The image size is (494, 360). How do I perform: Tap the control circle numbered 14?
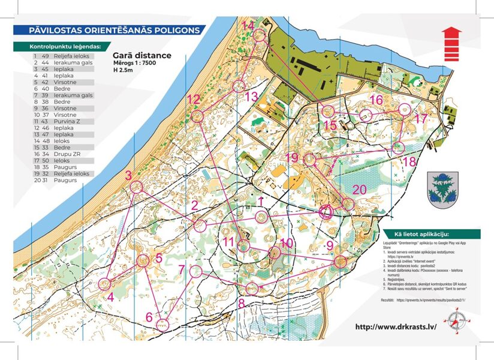point(258,37)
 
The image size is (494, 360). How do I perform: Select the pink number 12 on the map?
point(193,100)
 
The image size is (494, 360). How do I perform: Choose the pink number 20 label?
point(359,190)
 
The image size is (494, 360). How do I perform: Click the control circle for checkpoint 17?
point(405,109)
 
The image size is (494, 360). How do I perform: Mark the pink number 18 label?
point(409,161)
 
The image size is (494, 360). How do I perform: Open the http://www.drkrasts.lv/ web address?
point(396,327)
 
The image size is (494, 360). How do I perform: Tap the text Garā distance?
point(141,56)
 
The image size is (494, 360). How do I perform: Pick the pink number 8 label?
point(242,304)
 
